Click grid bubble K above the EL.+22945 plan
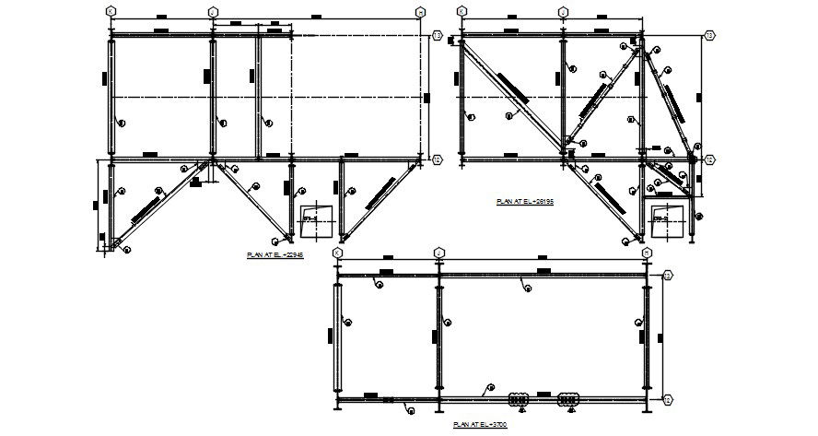click(x=110, y=11)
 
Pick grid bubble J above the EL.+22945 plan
click(x=213, y=11)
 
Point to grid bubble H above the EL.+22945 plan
click(x=422, y=11)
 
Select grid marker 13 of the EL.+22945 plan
click(x=438, y=35)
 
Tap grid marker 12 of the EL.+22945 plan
click(x=438, y=159)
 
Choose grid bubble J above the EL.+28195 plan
click(x=563, y=11)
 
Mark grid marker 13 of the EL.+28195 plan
click(x=709, y=35)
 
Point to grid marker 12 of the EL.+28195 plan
click(x=709, y=159)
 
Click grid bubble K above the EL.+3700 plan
click(x=337, y=252)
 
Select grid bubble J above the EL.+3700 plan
click(x=439, y=252)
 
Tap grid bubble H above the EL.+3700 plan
click(x=648, y=252)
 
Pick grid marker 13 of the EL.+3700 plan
click(x=669, y=275)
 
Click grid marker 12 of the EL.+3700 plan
click(x=669, y=400)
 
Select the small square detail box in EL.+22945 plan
click(x=313, y=216)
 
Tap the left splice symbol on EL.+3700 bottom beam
click(x=519, y=399)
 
